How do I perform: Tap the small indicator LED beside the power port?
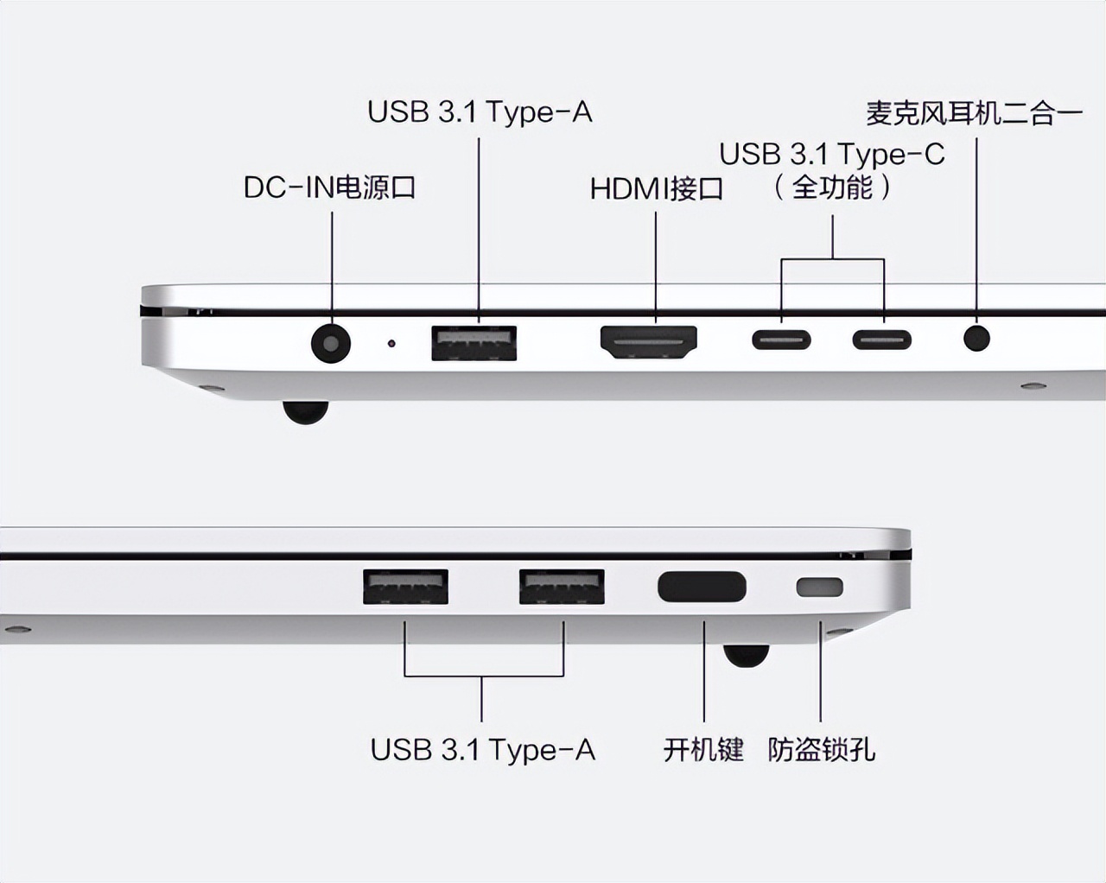pyautogui.click(x=391, y=344)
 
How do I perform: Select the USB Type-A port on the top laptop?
pyautogui.click(x=474, y=342)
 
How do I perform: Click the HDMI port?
pyautogui.click(x=649, y=342)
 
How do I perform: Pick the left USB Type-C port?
pyautogui.click(x=781, y=339)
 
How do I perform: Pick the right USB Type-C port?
pyautogui.click(x=882, y=339)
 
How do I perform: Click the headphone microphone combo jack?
pyautogui.click(x=976, y=337)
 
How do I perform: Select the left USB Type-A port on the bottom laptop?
pyautogui.click(x=405, y=587)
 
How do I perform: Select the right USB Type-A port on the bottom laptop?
pyautogui.click(x=562, y=587)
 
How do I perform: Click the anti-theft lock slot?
pyautogui.click(x=819, y=588)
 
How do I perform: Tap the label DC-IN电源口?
pyautogui.click(x=330, y=187)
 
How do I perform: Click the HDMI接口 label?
pyautogui.click(x=656, y=188)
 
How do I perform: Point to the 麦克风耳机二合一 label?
pyautogui.click(x=974, y=113)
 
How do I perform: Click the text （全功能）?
pyautogui.click(x=832, y=187)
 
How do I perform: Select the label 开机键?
pyautogui.click(x=703, y=749)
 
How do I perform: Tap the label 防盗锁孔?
pyautogui.click(x=821, y=749)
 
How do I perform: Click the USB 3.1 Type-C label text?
pyautogui.click(x=832, y=154)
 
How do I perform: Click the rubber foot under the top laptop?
pyautogui.click(x=305, y=413)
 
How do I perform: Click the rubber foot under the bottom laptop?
pyautogui.click(x=746, y=655)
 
